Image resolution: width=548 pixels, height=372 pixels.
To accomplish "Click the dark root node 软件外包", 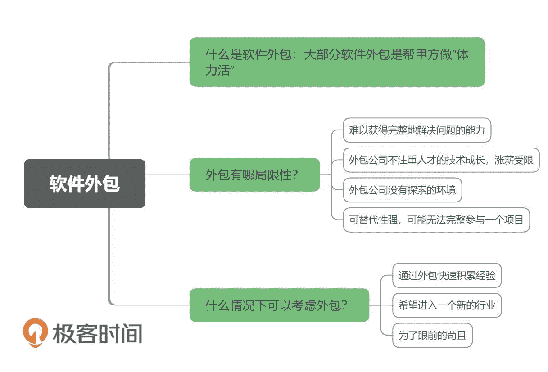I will pos(85,184).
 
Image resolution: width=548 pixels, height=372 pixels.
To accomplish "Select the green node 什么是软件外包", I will pos(337,62).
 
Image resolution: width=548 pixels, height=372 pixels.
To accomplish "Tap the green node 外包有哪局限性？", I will pos(254,175).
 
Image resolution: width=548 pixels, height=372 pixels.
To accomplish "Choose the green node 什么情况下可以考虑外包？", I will pos(279,305).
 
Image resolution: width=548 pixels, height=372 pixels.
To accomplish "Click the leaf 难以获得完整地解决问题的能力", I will pos(417,130).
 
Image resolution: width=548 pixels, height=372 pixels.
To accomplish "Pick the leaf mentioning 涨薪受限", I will pos(441,160).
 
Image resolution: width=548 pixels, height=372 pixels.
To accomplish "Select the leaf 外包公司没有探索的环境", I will pos(402,190).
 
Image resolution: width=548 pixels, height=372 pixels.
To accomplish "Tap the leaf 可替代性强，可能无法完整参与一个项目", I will pos(436,220).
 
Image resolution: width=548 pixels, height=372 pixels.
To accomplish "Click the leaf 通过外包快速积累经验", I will pos(447,275).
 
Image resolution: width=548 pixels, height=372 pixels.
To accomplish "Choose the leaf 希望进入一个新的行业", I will pos(447,305).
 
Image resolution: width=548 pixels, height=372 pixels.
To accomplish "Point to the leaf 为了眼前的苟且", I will pos(432,335).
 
